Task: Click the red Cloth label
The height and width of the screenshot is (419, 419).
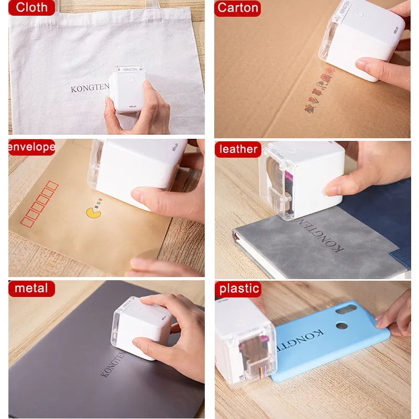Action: (31, 7)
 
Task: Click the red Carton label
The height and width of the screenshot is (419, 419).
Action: (238, 7)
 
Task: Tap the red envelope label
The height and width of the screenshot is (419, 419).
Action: (31, 147)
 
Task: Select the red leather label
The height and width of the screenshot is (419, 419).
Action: (238, 149)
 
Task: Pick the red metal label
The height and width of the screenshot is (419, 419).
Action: (31, 288)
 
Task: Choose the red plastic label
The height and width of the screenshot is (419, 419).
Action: (239, 288)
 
